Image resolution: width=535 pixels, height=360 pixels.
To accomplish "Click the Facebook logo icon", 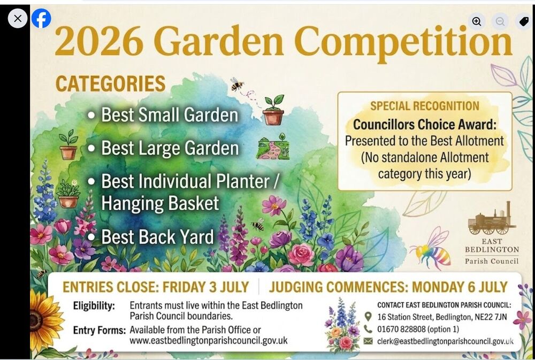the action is pyautogui.click(x=41, y=18).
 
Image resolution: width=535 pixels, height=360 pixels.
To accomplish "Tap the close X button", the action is pyautogui.click(x=18, y=18).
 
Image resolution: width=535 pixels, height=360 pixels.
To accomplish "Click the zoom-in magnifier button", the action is pyautogui.click(x=476, y=21).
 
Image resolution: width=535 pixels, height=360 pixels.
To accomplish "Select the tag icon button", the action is pyautogui.click(x=524, y=21).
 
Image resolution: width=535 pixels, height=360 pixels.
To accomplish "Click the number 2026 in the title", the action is pyautogui.click(x=99, y=41).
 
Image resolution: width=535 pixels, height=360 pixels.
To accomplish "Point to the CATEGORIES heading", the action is pyautogui.click(x=110, y=83).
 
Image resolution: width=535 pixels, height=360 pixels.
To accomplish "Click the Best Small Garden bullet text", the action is pyautogui.click(x=170, y=114).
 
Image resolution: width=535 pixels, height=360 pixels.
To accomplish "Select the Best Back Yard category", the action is pyautogui.click(x=157, y=236).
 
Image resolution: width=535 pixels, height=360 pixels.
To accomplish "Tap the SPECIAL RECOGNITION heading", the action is pyautogui.click(x=425, y=106).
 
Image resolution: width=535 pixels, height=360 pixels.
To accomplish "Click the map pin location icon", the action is pyautogui.click(x=368, y=317).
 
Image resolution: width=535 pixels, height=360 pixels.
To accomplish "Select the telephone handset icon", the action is pyautogui.click(x=368, y=329).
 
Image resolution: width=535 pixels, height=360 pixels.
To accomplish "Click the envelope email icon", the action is pyautogui.click(x=368, y=341).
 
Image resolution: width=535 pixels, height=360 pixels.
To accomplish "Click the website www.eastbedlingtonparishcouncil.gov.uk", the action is pyautogui.click(x=209, y=341).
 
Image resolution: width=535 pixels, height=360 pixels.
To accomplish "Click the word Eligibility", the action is pyautogui.click(x=94, y=306).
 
